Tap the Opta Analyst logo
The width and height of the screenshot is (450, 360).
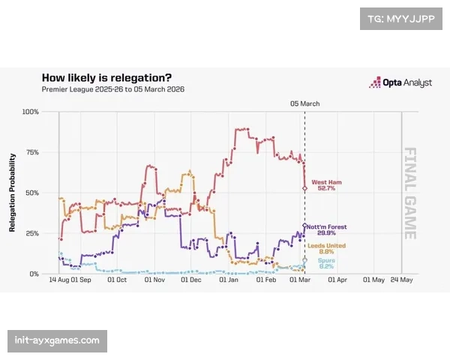(x=400, y=83)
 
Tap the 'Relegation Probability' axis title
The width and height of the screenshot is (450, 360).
(x=13, y=193)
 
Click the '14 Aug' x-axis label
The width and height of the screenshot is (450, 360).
(x=59, y=280)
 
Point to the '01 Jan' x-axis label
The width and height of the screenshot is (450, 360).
(x=229, y=280)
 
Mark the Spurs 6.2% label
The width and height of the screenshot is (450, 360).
(x=325, y=264)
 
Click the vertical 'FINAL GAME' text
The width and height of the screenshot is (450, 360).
(x=411, y=193)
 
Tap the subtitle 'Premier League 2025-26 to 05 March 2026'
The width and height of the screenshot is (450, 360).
(x=113, y=89)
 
